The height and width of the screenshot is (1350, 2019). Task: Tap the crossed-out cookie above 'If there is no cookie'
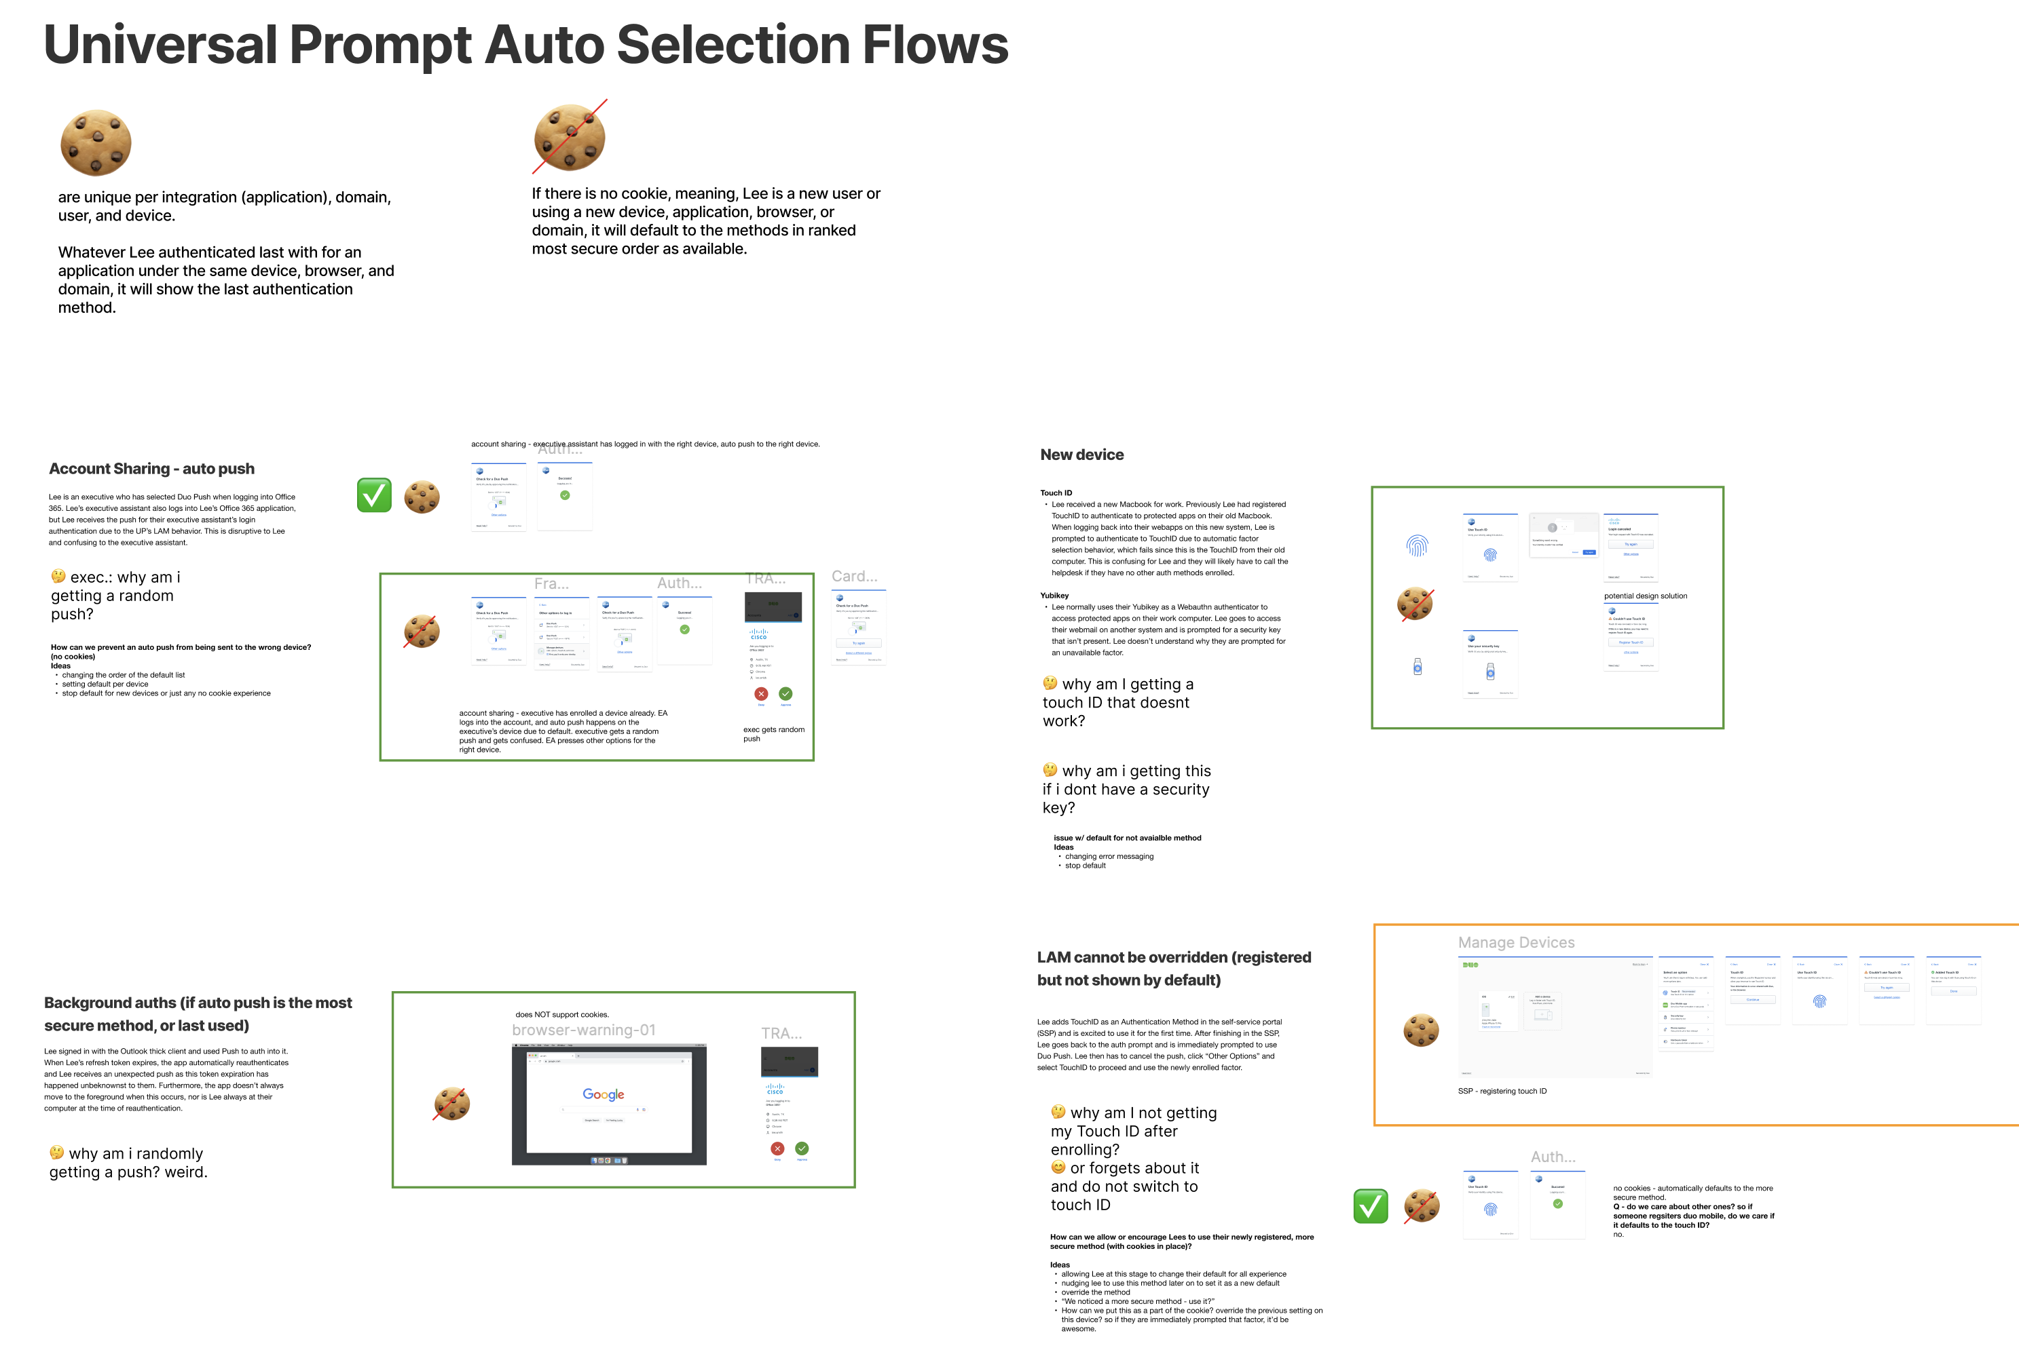tap(570, 137)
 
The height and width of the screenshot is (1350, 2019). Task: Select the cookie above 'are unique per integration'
tap(96, 142)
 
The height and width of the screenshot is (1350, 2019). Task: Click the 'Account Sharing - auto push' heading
tap(151, 468)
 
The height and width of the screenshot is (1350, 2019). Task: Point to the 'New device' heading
tap(1082, 455)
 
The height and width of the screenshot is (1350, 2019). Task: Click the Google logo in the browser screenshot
tap(603, 1094)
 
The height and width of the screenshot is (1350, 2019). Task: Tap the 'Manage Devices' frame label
tap(1516, 943)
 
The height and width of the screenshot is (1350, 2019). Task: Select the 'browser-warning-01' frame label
tap(583, 1030)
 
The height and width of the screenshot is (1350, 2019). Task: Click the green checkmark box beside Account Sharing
tap(374, 495)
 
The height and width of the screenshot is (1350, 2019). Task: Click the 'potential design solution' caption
tap(1645, 596)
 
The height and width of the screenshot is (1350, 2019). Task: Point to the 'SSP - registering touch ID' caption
tap(1501, 1091)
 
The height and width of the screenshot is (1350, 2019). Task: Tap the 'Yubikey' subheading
tap(1054, 595)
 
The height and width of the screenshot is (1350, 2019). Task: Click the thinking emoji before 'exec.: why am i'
tap(58, 576)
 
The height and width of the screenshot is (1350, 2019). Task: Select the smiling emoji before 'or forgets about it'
tap(1058, 1168)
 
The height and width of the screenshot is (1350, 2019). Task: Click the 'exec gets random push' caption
tap(773, 733)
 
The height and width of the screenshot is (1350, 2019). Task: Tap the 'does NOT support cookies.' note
tap(561, 1014)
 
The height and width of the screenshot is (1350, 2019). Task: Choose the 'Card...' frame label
tap(853, 576)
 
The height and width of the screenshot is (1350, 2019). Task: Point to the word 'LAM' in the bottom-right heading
tap(1054, 957)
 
